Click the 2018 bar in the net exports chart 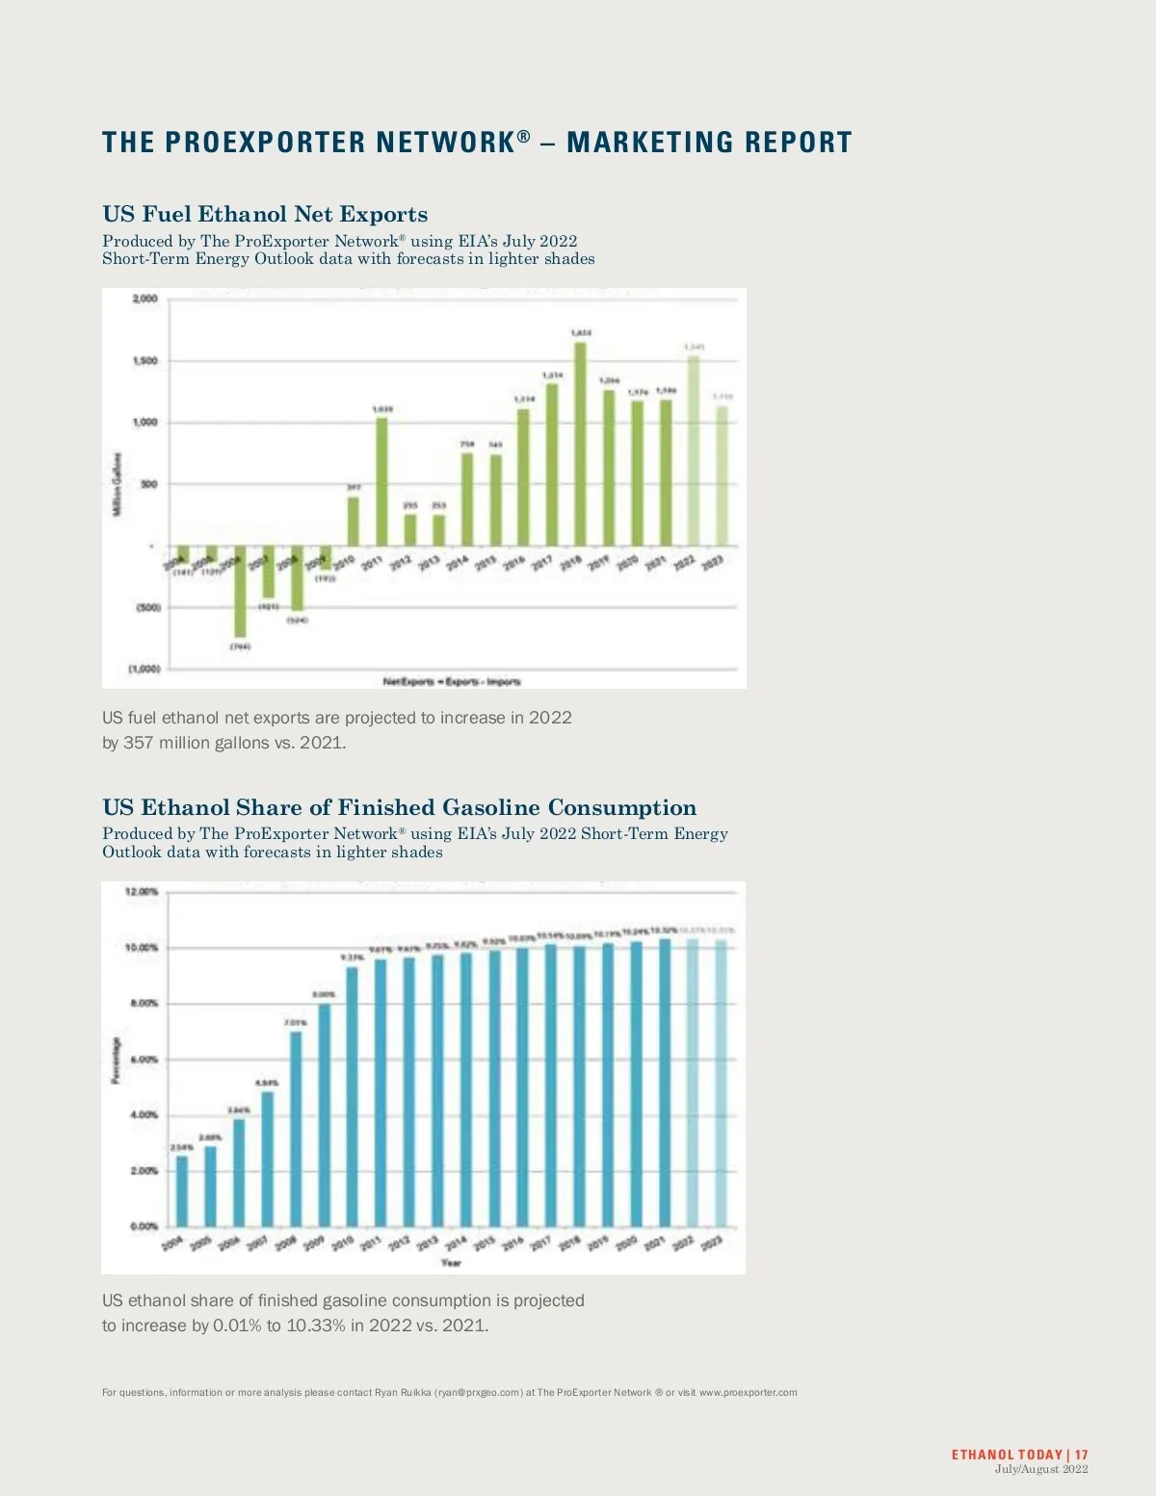(x=580, y=444)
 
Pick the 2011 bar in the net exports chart (x=381, y=482)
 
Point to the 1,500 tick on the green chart (x=144, y=361)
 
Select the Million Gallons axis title (x=118, y=484)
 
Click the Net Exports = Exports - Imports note (x=452, y=681)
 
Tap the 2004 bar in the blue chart (x=182, y=1191)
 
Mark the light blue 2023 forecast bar (x=721, y=1083)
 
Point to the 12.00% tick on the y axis (x=142, y=892)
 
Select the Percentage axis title (x=117, y=1060)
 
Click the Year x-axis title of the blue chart (x=451, y=1262)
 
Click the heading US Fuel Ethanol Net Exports (x=265, y=214)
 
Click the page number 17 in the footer (x=1082, y=1455)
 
